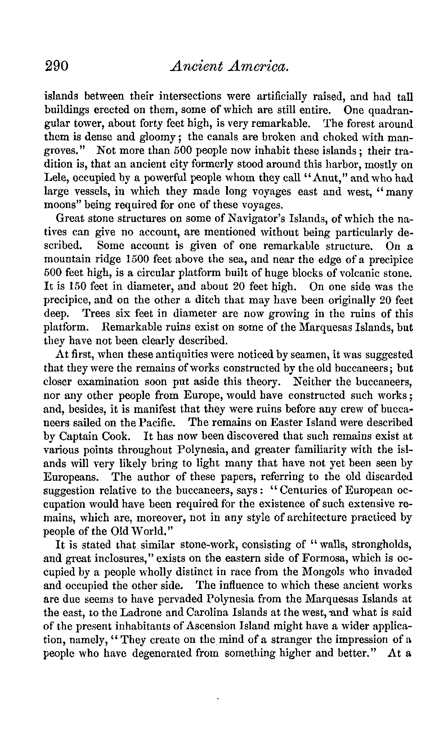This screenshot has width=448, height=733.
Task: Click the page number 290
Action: (57, 67)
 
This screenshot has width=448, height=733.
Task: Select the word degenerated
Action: (175, 653)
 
